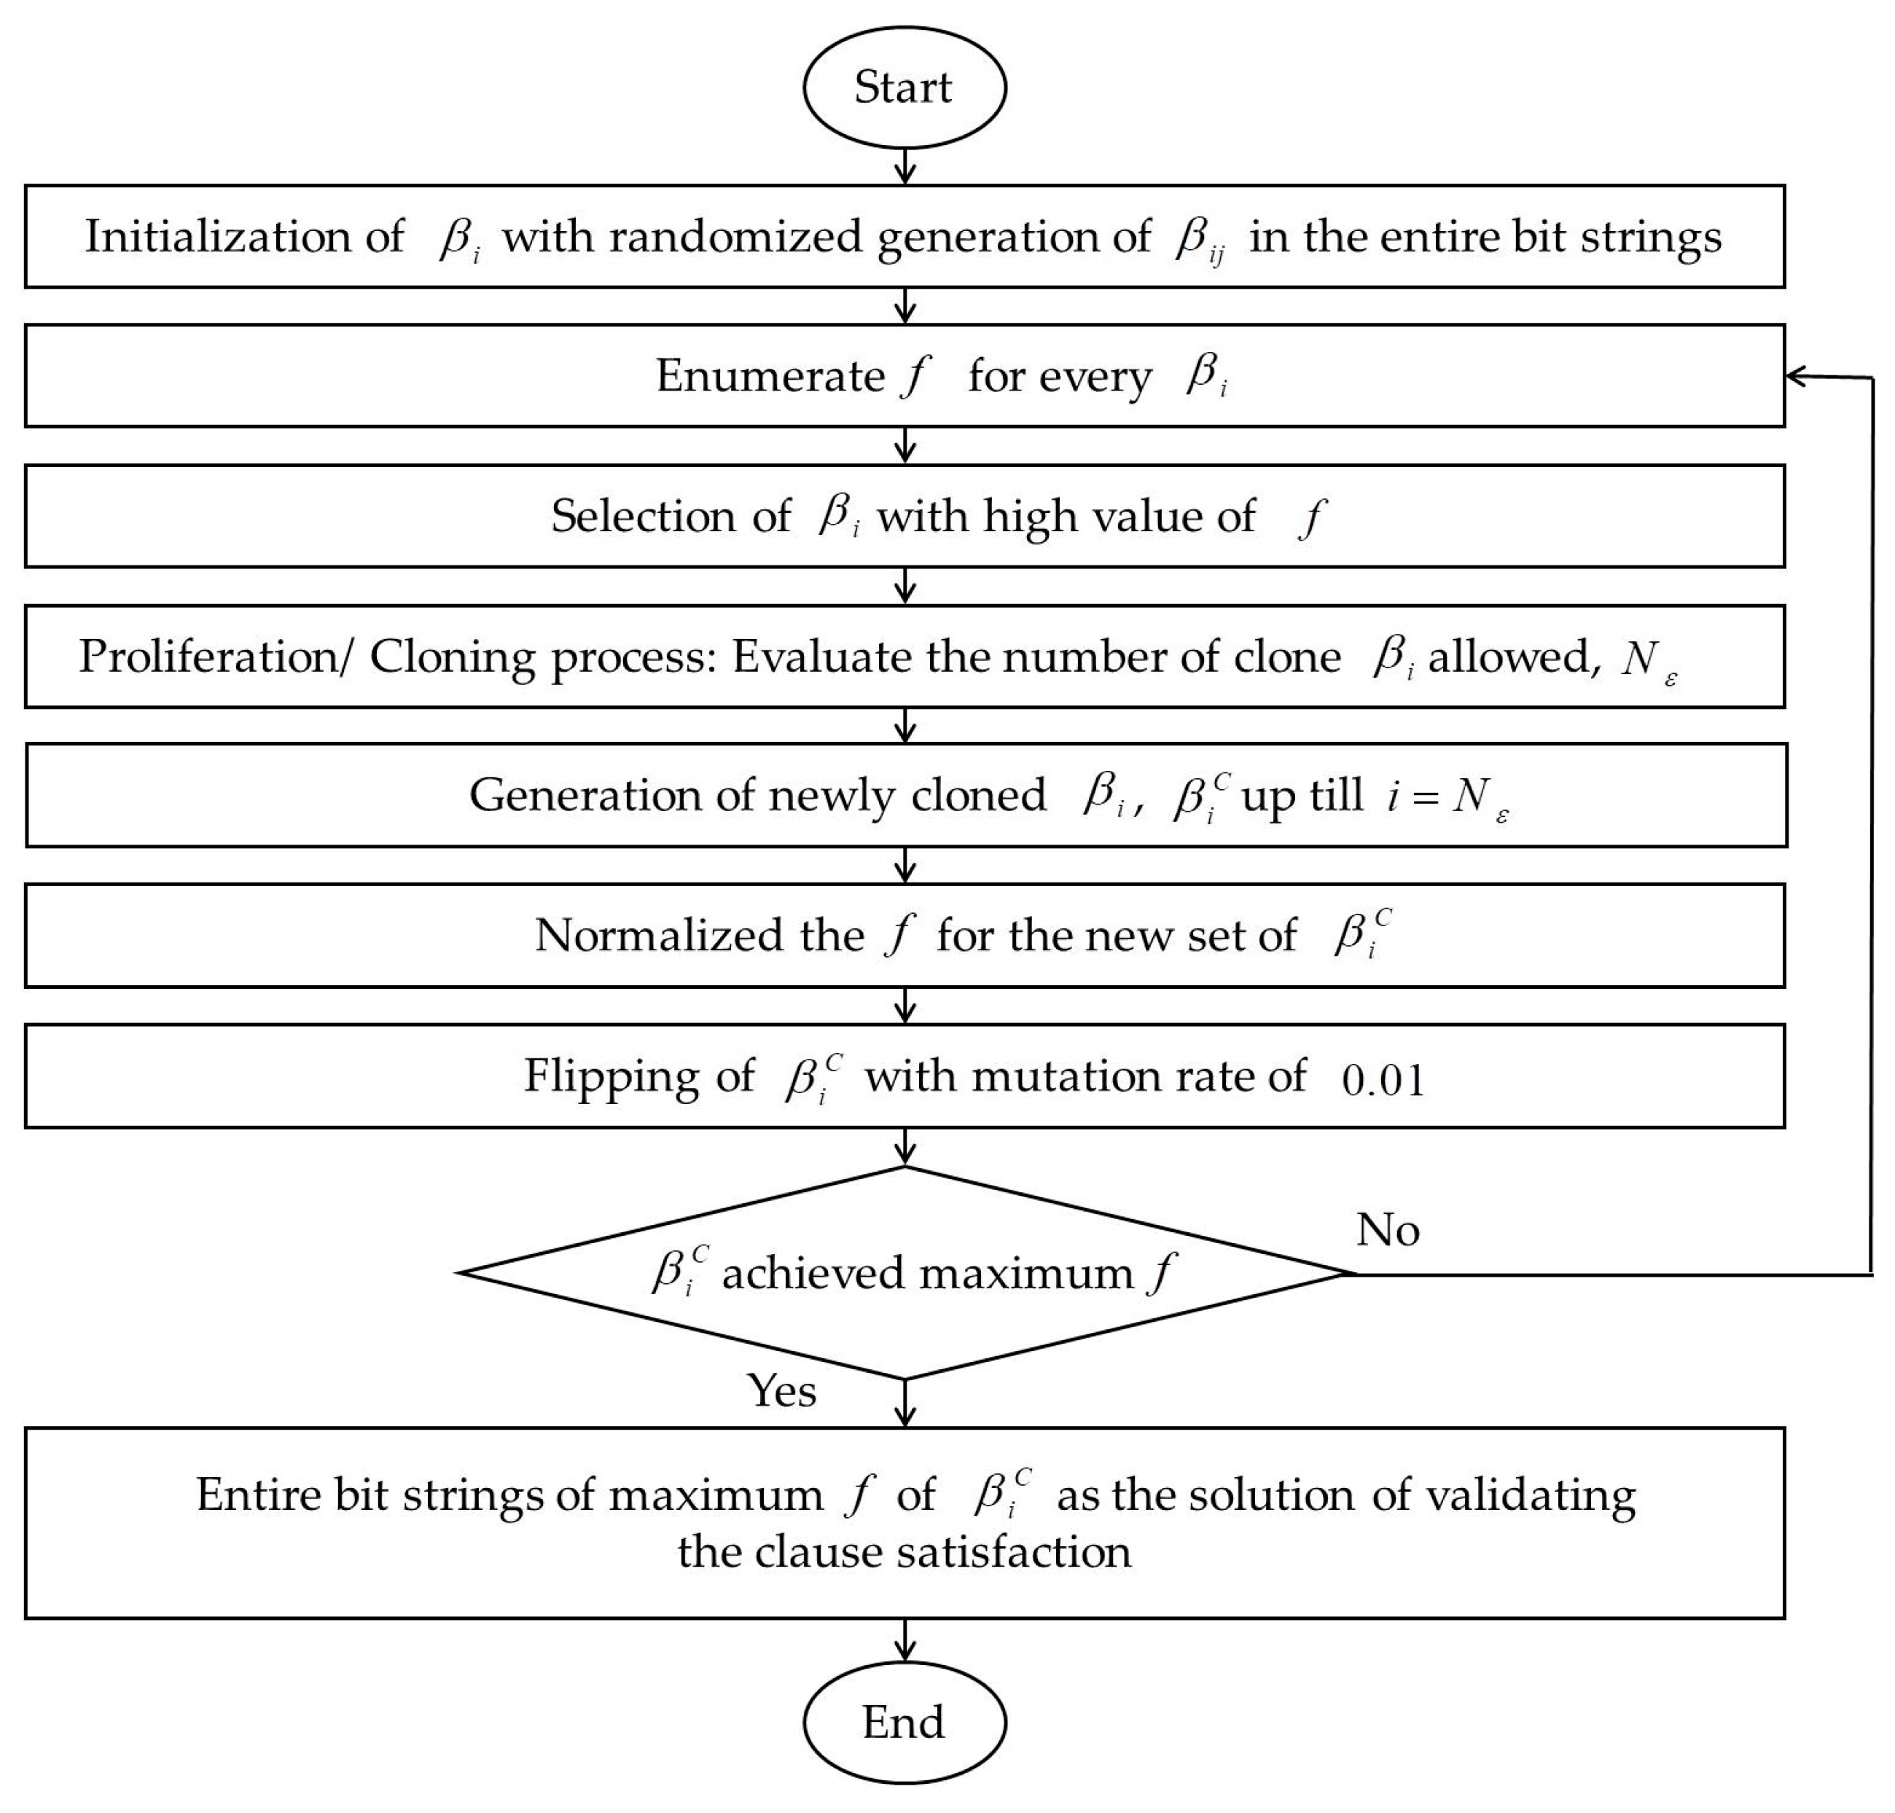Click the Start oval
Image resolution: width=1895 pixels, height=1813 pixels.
(x=904, y=87)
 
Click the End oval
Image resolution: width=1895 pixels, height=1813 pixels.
(x=904, y=1722)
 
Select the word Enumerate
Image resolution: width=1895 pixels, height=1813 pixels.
(x=770, y=376)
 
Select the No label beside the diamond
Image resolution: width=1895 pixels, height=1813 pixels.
(x=1388, y=1230)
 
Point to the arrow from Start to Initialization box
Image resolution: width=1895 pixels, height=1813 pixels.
(x=904, y=166)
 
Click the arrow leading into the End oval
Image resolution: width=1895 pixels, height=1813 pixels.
(x=904, y=1640)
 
